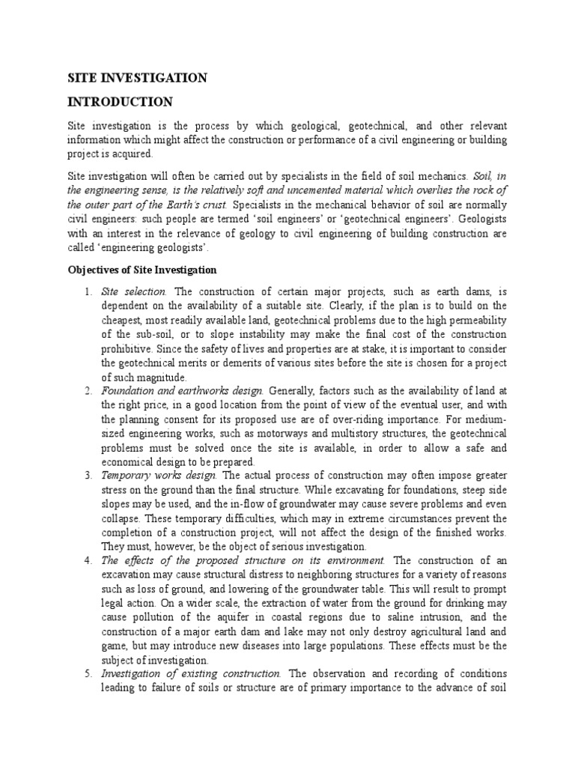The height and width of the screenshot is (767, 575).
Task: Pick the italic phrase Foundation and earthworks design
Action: point(182,390)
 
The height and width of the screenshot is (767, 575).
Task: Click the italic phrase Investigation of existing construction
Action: point(192,673)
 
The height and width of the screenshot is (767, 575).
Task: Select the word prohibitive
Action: point(128,348)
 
